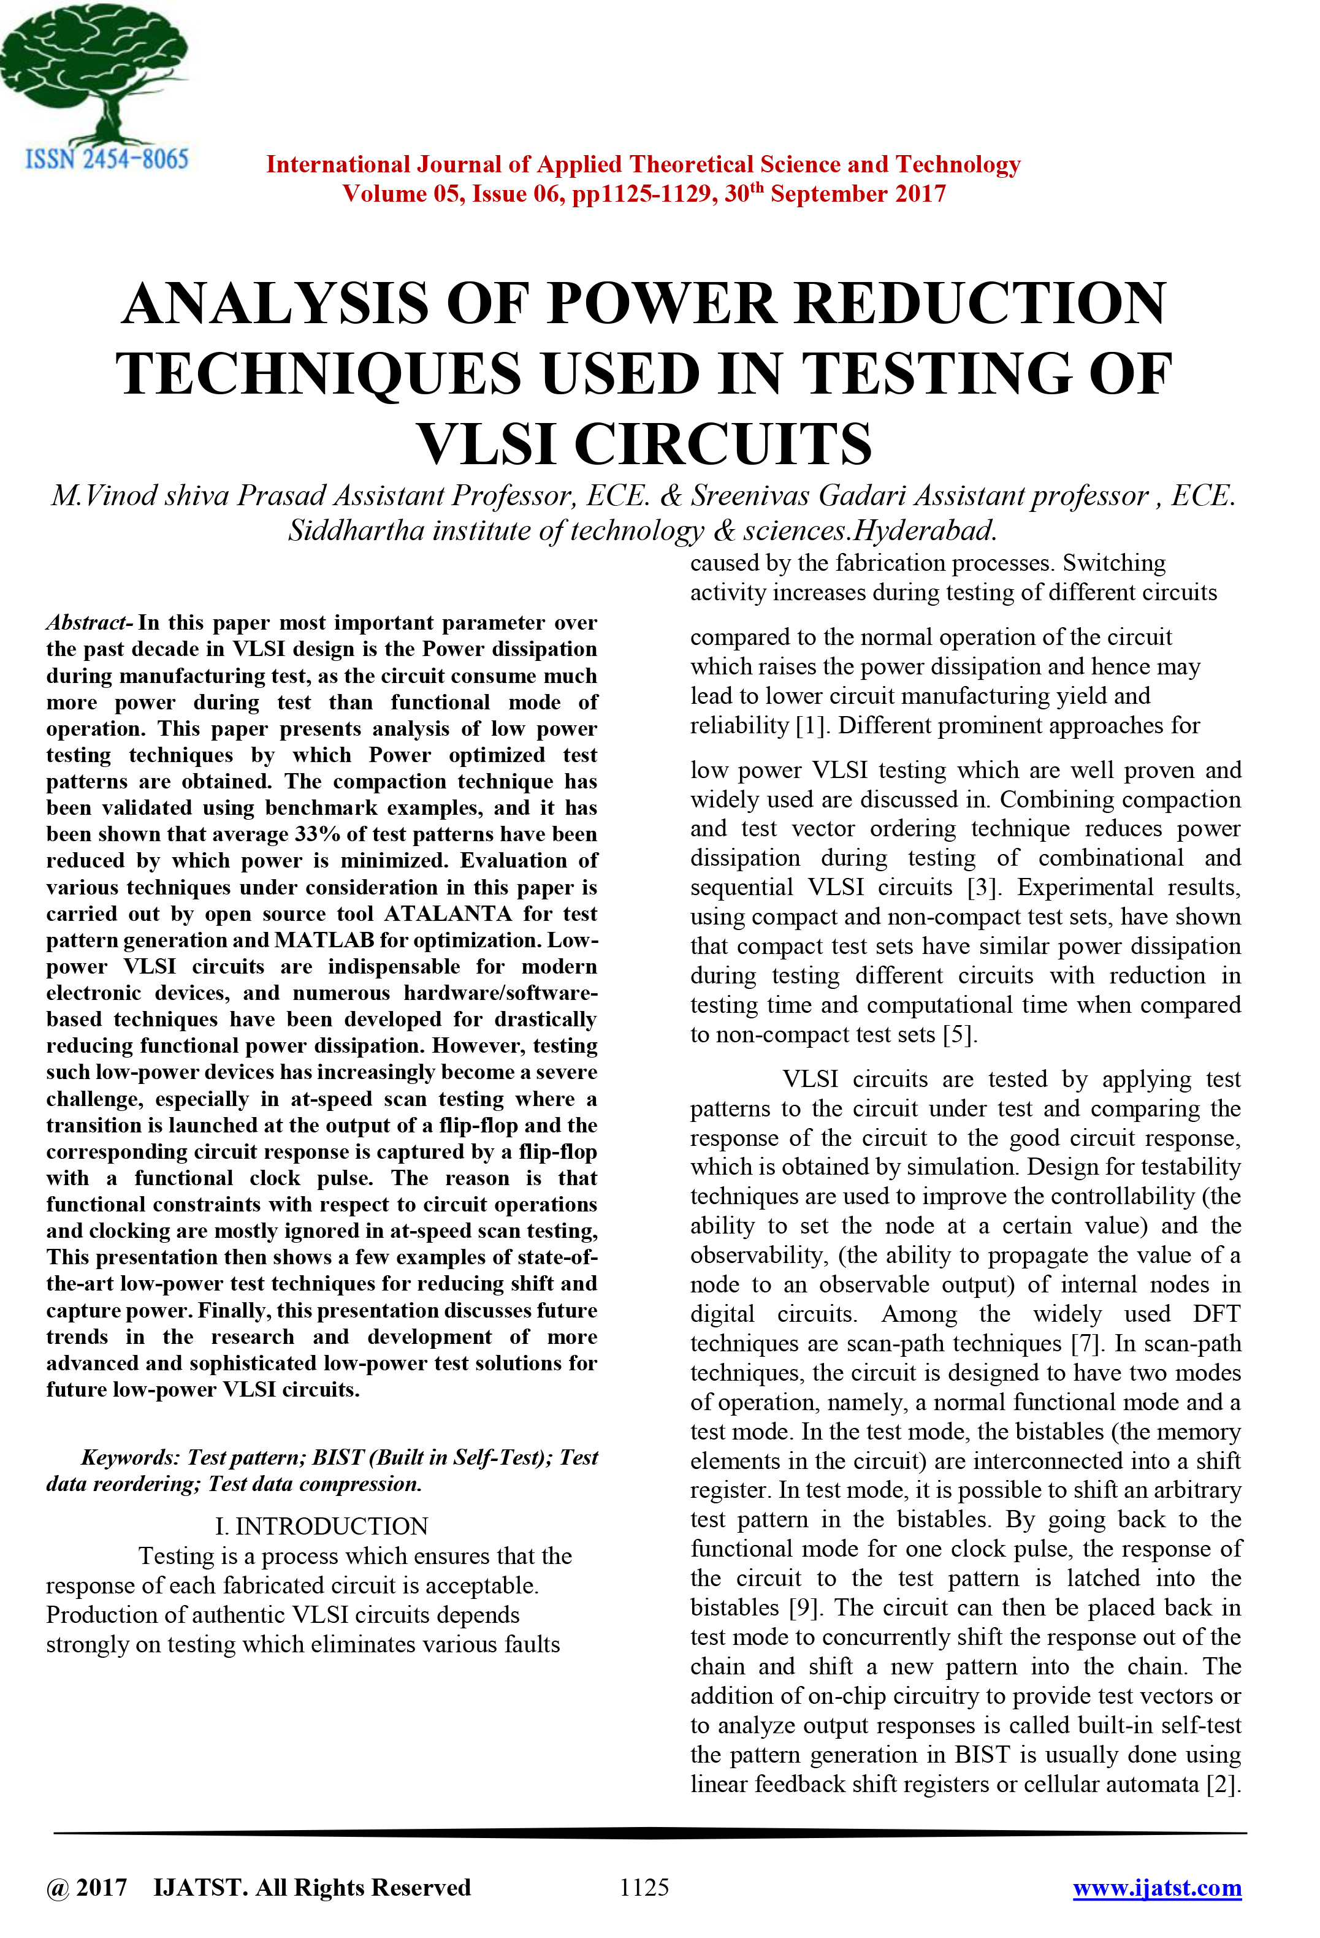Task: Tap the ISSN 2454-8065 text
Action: [107, 158]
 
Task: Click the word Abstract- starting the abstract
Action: [90, 623]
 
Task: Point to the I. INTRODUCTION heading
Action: [321, 1526]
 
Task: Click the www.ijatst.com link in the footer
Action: [1156, 1887]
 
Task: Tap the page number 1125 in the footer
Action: [644, 1887]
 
